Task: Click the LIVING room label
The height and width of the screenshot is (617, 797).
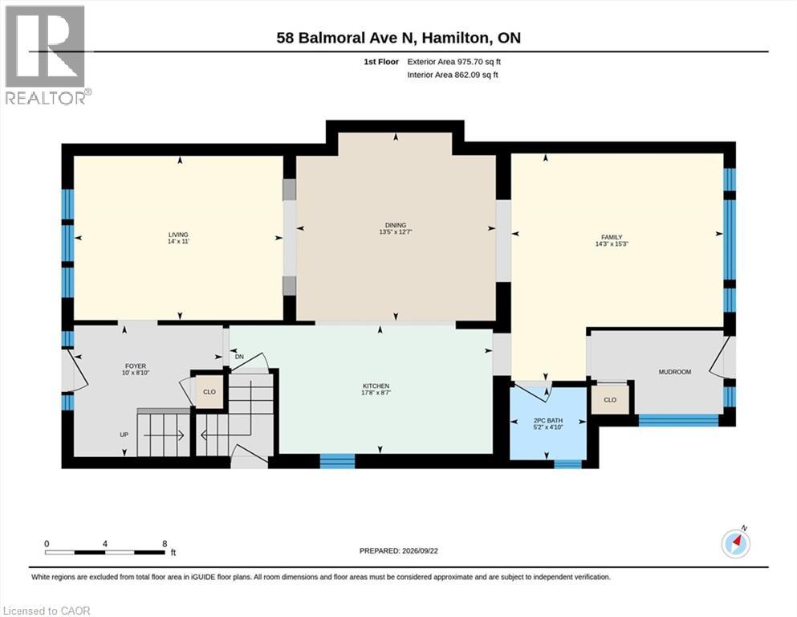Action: point(178,235)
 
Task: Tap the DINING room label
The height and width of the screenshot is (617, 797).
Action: point(396,225)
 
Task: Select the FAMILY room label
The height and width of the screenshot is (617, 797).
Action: point(612,237)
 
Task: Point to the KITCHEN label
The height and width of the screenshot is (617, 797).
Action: point(376,386)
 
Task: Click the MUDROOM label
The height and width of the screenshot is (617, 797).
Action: point(674,372)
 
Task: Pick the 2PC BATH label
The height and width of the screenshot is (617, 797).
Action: point(548,421)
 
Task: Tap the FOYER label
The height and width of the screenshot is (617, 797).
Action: point(136,366)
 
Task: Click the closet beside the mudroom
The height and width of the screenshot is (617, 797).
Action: point(610,399)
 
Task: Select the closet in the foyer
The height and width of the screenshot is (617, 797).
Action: point(209,392)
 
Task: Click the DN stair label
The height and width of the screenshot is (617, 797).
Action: point(239,357)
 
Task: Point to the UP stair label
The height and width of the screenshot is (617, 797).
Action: point(124,435)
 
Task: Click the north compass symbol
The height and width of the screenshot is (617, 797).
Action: point(735,544)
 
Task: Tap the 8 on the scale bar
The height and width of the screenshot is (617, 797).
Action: point(165,544)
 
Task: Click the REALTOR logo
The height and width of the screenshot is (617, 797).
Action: point(46,55)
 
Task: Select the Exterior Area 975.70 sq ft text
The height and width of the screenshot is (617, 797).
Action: point(454,62)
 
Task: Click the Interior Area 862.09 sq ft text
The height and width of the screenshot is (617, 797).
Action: point(453,75)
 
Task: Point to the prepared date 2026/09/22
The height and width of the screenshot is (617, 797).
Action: point(420,551)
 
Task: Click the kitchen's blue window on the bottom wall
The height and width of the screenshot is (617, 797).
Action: point(337,461)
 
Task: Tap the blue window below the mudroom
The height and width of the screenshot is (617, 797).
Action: point(678,420)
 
